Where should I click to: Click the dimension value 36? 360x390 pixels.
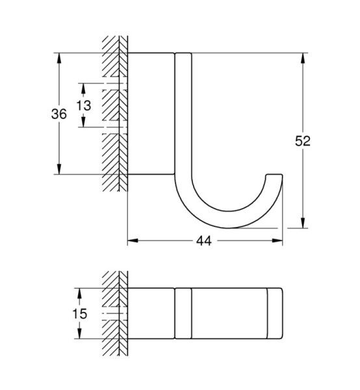59,114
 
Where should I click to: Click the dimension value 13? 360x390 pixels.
84,105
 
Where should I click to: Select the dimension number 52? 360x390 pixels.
303,141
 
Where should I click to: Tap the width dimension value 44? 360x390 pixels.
204,240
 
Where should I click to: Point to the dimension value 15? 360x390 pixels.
79,314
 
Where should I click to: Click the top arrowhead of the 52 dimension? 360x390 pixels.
303,58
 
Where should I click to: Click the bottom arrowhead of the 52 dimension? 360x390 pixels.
303,222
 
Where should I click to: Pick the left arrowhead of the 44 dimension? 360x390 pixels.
133,240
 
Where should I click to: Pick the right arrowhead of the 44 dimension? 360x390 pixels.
277,240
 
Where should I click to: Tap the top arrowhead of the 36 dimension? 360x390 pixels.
59,58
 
